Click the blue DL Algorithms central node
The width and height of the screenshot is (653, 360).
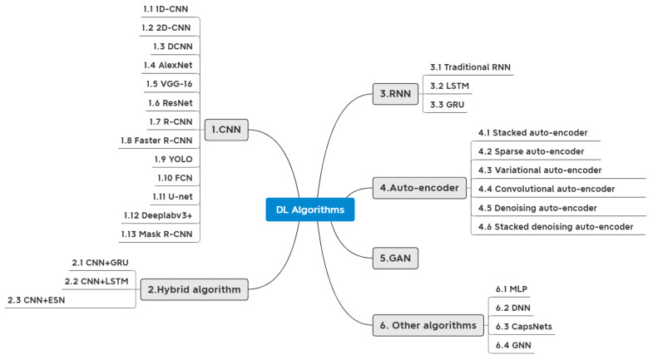click(310, 210)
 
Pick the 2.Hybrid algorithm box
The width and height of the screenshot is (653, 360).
click(193, 290)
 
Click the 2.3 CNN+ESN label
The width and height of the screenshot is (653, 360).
click(36, 299)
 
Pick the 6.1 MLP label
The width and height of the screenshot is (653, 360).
click(511, 288)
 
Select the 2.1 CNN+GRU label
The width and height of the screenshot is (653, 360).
click(100, 262)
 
